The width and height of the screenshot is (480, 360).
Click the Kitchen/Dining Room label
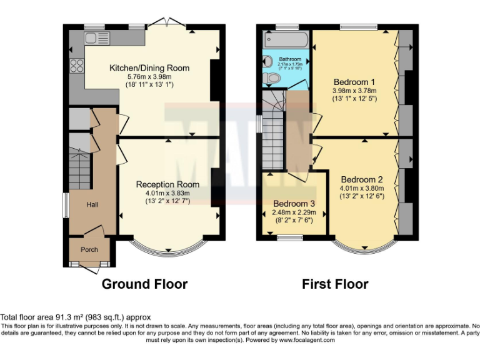coord(149,68)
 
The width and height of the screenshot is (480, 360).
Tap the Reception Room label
coord(167,184)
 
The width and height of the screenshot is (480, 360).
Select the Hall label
coord(92,204)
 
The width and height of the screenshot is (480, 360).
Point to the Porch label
coord(89,249)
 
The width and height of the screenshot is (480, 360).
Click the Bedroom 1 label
coord(354,82)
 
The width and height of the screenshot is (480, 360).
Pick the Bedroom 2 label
coord(362,179)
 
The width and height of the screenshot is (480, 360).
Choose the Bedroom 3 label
coord(294,204)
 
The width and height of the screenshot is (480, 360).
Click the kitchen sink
coord(97,38)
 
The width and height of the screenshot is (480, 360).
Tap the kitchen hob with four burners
coord(76,64)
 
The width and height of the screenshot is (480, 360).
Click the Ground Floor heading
coord(144,284)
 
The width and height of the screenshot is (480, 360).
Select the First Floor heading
coord(335,284)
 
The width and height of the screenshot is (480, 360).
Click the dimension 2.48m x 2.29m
coord(294,212)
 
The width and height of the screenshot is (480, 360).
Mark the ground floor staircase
coord(79,169)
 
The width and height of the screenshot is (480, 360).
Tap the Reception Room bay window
coord(168,249)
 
